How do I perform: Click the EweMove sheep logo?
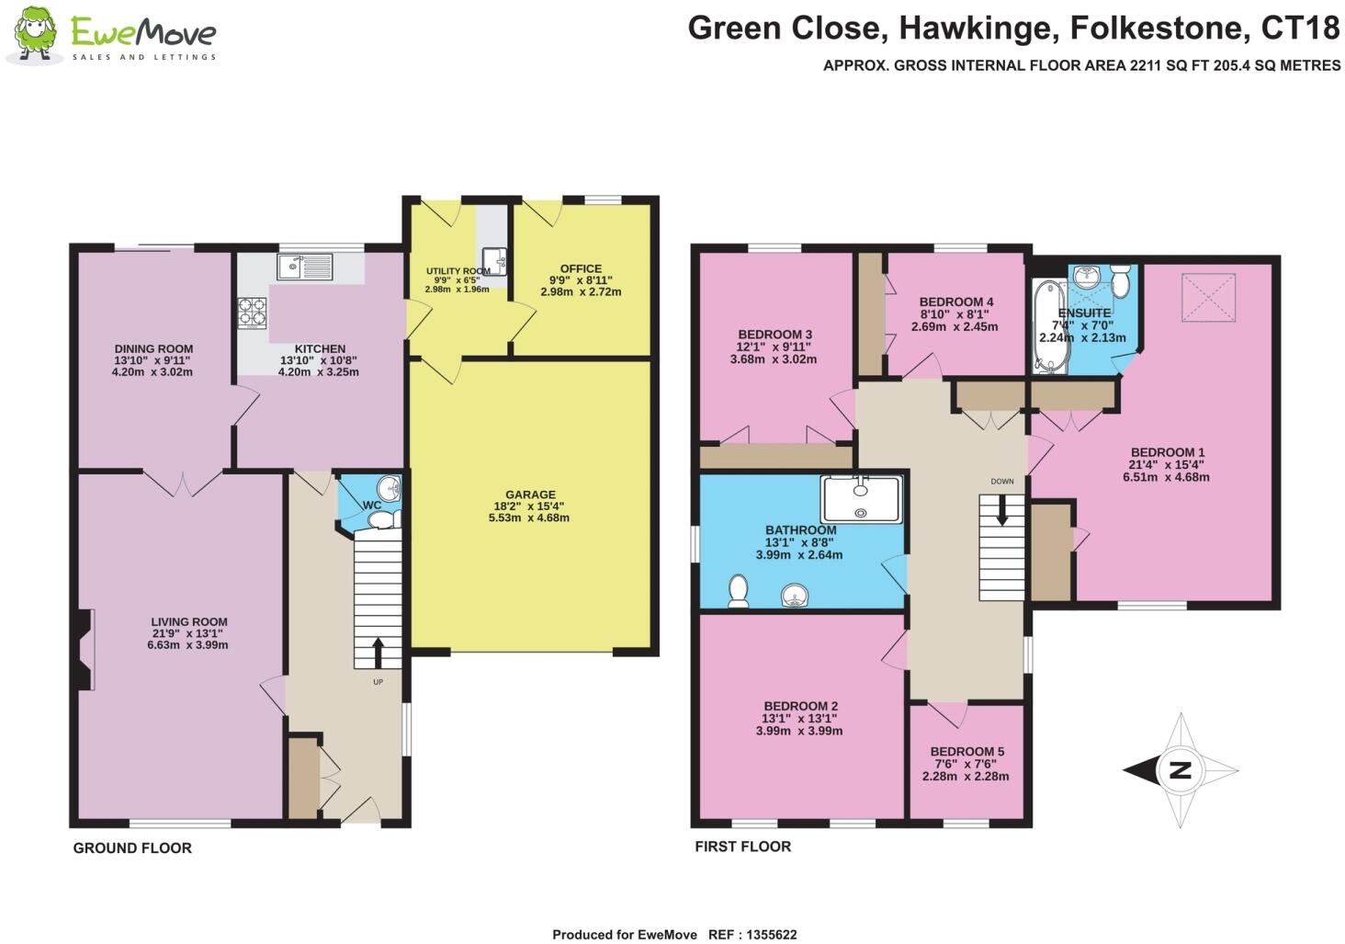click(35, 35)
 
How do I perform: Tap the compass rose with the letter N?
click(1181, 770)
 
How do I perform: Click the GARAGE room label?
click(530, 495)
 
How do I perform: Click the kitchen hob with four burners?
click(253, 313)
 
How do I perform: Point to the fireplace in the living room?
click(85, 650)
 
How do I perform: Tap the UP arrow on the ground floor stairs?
click(378, 653)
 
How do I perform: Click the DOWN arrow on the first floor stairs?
click(1002, 510)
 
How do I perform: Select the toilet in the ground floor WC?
click(382, 521)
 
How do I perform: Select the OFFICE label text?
click(581, 268)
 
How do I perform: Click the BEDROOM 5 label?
click(966, 751)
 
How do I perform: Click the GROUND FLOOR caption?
click(132, 848)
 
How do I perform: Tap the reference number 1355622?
click(765, 935)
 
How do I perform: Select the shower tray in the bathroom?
click(861, 499)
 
